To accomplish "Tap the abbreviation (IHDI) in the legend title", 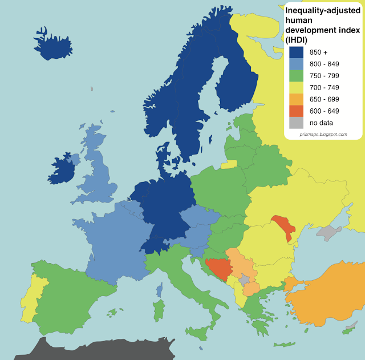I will pos(297,39).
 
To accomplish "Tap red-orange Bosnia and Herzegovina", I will pos(218,267).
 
